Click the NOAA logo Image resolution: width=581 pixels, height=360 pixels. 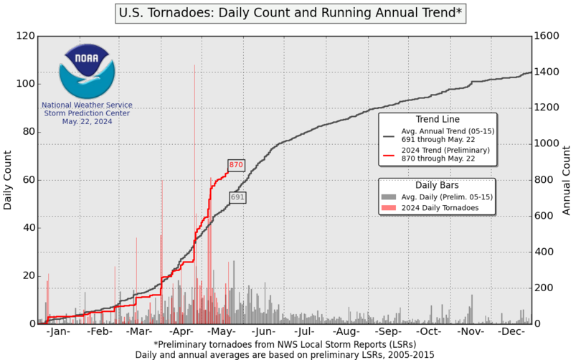[85, 71]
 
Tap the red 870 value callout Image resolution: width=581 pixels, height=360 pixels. [237, 165]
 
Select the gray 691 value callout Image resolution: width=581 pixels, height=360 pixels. [238, 196]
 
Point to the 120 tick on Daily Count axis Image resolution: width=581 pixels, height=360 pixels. [26, 36]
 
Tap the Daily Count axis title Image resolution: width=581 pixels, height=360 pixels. [8, 179]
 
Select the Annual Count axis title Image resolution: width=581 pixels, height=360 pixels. [567, 179]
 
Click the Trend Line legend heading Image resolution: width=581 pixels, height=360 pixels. [438, 119]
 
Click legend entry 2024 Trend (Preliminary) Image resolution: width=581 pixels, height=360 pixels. [445, 155]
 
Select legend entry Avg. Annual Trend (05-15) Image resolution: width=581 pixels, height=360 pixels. [445, 136]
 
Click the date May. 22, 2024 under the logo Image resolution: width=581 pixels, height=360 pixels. [86, 121]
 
